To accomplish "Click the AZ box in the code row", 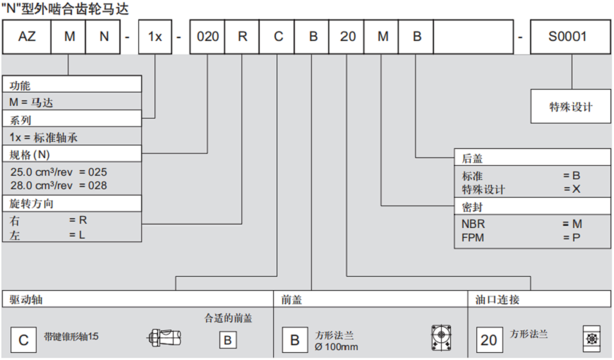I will click(26, 37).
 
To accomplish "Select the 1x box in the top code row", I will click(155, 37).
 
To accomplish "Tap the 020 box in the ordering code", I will click(208, 37).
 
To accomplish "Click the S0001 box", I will click(570, 37).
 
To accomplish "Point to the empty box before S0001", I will click(472, 37).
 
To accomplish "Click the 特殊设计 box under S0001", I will click(570, 107).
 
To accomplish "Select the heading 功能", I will click(20, 85).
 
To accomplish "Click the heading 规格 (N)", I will click(30, 154).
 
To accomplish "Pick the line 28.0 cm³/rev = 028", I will click(59, 185).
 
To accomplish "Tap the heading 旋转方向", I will click(31, 203).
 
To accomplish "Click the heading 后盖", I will click(472, 158).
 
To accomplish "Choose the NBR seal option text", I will click(474, 224).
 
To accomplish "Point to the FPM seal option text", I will click(474, 236).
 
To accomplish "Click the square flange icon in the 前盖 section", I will click(442, 339).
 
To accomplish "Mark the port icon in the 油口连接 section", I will click(591, 339).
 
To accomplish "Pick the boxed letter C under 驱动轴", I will click(23, 341).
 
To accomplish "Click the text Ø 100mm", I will click(337, 347).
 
